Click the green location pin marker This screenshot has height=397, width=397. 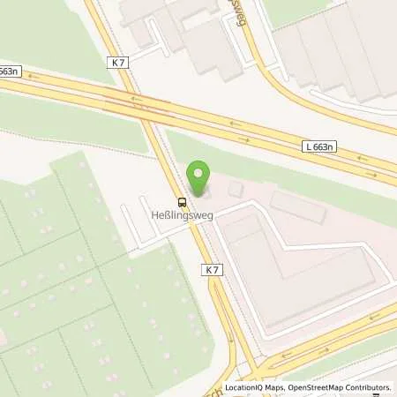click(x=199, y=176)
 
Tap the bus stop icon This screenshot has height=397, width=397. click(x=182, y=200)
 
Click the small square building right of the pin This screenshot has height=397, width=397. click(x=236, y=190)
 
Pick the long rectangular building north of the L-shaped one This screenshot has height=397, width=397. click(x=298, y=208)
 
